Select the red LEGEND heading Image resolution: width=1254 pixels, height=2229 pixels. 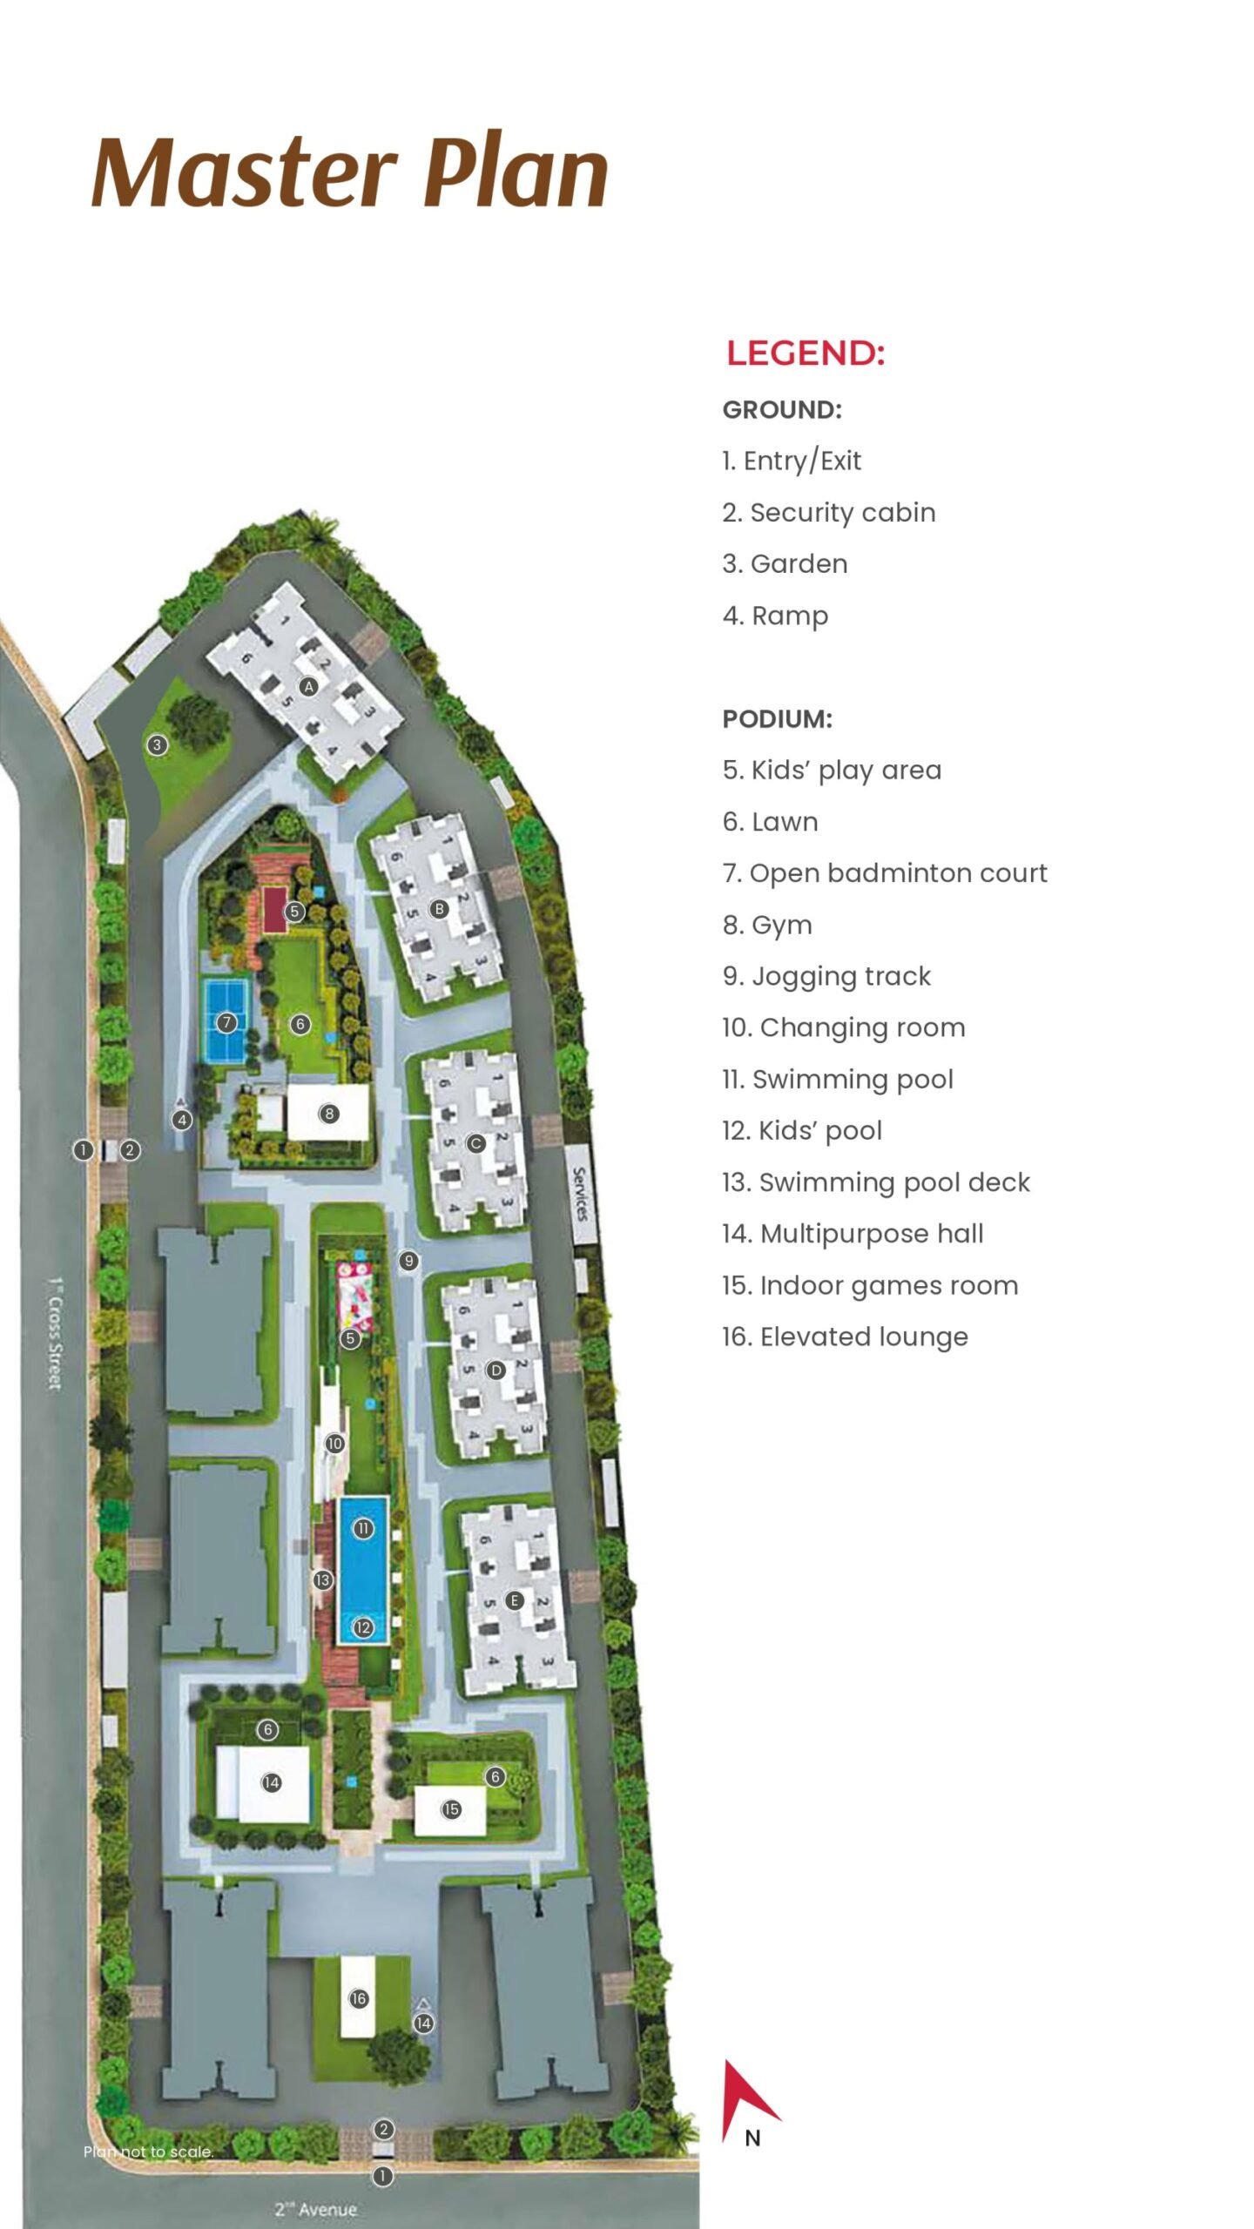(x=806, y=354)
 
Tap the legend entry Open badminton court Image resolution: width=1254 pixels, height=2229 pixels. (x=885, y=873)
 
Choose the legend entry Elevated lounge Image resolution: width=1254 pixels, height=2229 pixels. (x=845, y=1337)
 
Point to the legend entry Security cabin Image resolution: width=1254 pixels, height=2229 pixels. (x=828, y=513)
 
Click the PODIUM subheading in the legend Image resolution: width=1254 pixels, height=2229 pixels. (x=777, y=719)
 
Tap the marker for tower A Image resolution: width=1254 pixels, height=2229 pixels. (x=308, y=686)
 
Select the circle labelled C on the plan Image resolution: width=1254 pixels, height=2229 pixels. (x=475, y=1143)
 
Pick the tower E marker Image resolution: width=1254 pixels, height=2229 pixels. (x=515, y=1601)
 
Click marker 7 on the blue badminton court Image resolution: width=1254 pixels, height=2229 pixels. (x=226, y=1022)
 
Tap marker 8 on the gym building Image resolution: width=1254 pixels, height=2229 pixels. (x=329, y=1113)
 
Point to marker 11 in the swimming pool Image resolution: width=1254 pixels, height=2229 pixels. (x=363, y=1528)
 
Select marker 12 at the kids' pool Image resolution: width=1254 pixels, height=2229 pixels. (x=363, y=1627)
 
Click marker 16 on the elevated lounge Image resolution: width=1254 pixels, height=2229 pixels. (x=359, y=1999)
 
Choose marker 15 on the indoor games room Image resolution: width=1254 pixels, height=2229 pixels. (x=451, y=1809)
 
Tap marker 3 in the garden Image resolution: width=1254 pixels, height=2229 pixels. (x=157, y=744)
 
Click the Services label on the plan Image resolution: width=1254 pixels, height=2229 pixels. (x=581, y=1194)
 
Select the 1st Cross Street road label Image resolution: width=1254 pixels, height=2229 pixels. (x=56, y=1332)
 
